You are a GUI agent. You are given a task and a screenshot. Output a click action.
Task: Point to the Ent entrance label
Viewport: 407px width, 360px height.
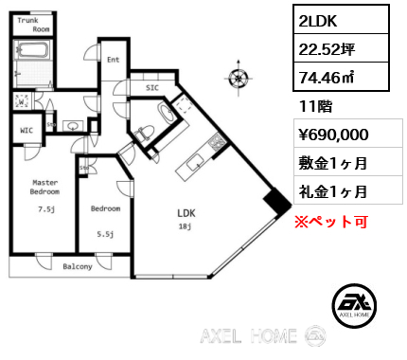coord(112,61)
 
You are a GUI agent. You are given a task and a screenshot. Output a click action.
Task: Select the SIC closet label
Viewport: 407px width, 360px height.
coord(151,88)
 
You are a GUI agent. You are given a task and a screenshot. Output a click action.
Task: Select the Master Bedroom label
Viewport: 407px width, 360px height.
coord(45,188)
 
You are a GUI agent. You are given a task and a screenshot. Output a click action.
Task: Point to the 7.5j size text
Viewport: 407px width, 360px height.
coord(45,209)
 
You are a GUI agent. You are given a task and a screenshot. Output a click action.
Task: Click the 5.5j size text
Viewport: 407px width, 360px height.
coord(104,234)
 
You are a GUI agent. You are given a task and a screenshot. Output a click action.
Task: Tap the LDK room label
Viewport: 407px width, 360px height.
coord(186,213)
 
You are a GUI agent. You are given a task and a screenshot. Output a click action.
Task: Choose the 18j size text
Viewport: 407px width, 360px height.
coord(186,226)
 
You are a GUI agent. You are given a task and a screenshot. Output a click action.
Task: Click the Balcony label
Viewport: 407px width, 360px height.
coord(78,267)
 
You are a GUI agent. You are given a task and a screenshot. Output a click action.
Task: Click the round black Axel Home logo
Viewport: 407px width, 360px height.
coord(358,302)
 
